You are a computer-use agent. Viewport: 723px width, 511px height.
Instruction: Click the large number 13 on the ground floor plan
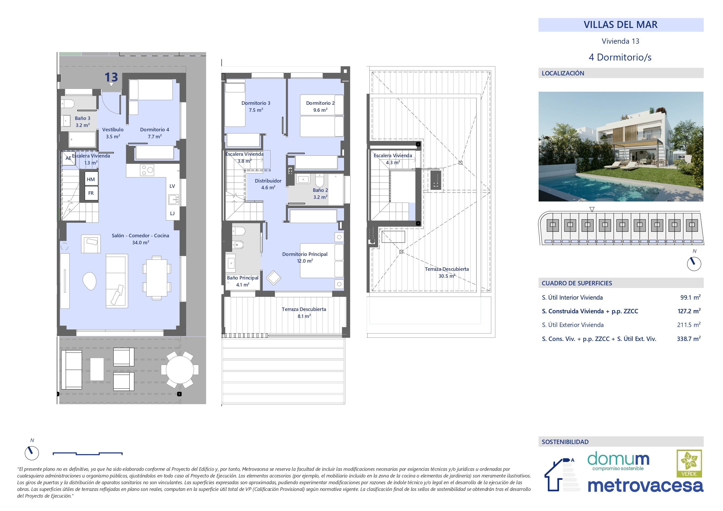111,77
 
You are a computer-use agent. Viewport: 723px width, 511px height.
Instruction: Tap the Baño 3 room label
82,121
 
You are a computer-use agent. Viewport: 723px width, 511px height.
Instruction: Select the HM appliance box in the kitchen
91,179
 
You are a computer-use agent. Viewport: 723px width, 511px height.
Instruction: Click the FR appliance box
91,193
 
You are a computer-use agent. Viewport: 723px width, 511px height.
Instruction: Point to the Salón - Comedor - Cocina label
140,239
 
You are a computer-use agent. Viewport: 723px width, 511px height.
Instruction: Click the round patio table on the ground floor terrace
180,369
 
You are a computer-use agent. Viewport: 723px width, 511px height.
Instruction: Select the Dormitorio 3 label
256,106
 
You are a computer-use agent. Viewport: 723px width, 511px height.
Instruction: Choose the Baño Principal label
242,281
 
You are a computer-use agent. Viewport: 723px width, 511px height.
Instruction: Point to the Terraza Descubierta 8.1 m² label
304,313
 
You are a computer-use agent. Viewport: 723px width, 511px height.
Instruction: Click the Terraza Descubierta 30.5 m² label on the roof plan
447,272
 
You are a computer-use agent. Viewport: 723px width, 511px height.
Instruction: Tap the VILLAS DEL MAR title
620,24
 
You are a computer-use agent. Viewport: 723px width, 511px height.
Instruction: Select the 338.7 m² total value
689,339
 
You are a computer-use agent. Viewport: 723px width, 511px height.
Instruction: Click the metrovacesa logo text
645,485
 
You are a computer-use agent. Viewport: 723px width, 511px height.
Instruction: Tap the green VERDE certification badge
689,464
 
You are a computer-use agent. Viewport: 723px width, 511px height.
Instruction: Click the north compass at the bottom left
32,453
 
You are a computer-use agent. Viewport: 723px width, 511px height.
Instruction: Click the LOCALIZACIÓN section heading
563,73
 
